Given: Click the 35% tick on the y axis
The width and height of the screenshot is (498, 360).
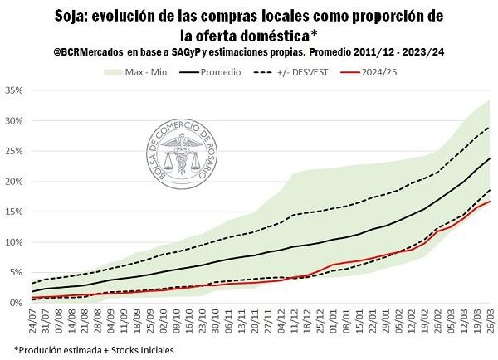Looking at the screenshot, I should tap(12, 90).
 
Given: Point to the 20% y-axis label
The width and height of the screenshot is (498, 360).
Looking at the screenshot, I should tap(12, 181).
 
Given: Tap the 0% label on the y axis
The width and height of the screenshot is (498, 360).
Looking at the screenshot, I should tap(15, 303).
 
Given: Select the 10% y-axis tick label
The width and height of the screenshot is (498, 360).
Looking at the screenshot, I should tap(12, 242).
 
